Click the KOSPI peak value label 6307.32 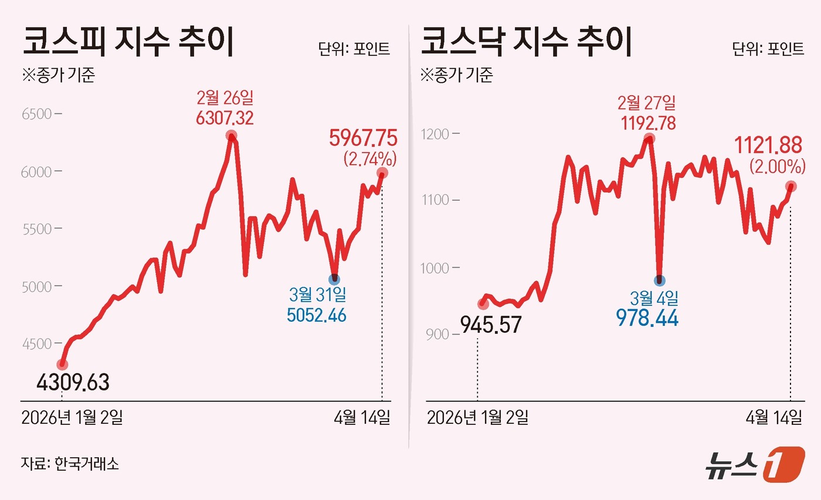tap(225, 117)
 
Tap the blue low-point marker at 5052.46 tap(334, 279)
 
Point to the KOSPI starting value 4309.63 tap(73, 383)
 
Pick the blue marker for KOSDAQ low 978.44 tap(660, 281)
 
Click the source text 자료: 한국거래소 tap(70, 464)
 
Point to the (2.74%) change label tap(370, 158)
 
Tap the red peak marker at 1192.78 tap(649, 139)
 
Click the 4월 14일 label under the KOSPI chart tap(362, 418)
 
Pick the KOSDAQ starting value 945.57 tap(491, 324)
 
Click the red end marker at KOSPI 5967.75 tap(382, 173)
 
